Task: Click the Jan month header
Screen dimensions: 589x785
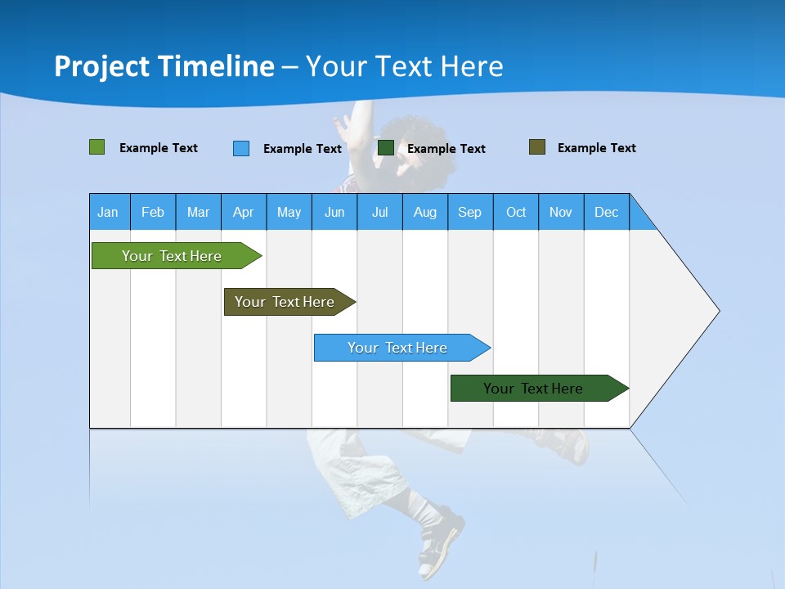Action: [108, 212]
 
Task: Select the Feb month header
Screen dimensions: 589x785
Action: [153, 212]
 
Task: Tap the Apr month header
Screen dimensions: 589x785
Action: [244, 212]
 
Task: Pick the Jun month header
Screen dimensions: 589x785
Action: [334, 212]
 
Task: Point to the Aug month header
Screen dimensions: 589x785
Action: [425, 212]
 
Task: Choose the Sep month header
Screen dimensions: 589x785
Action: [470, 212]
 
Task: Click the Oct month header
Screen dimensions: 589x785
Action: [516, 212]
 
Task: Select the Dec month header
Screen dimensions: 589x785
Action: [607, 212]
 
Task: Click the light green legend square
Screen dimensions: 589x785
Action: [97, 147]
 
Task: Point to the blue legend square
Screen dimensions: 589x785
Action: [241, 148]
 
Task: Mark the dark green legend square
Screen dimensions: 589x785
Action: [386, 148]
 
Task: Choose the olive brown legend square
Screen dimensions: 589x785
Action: [537, 147]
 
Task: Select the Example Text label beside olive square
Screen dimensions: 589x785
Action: [596, 148]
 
